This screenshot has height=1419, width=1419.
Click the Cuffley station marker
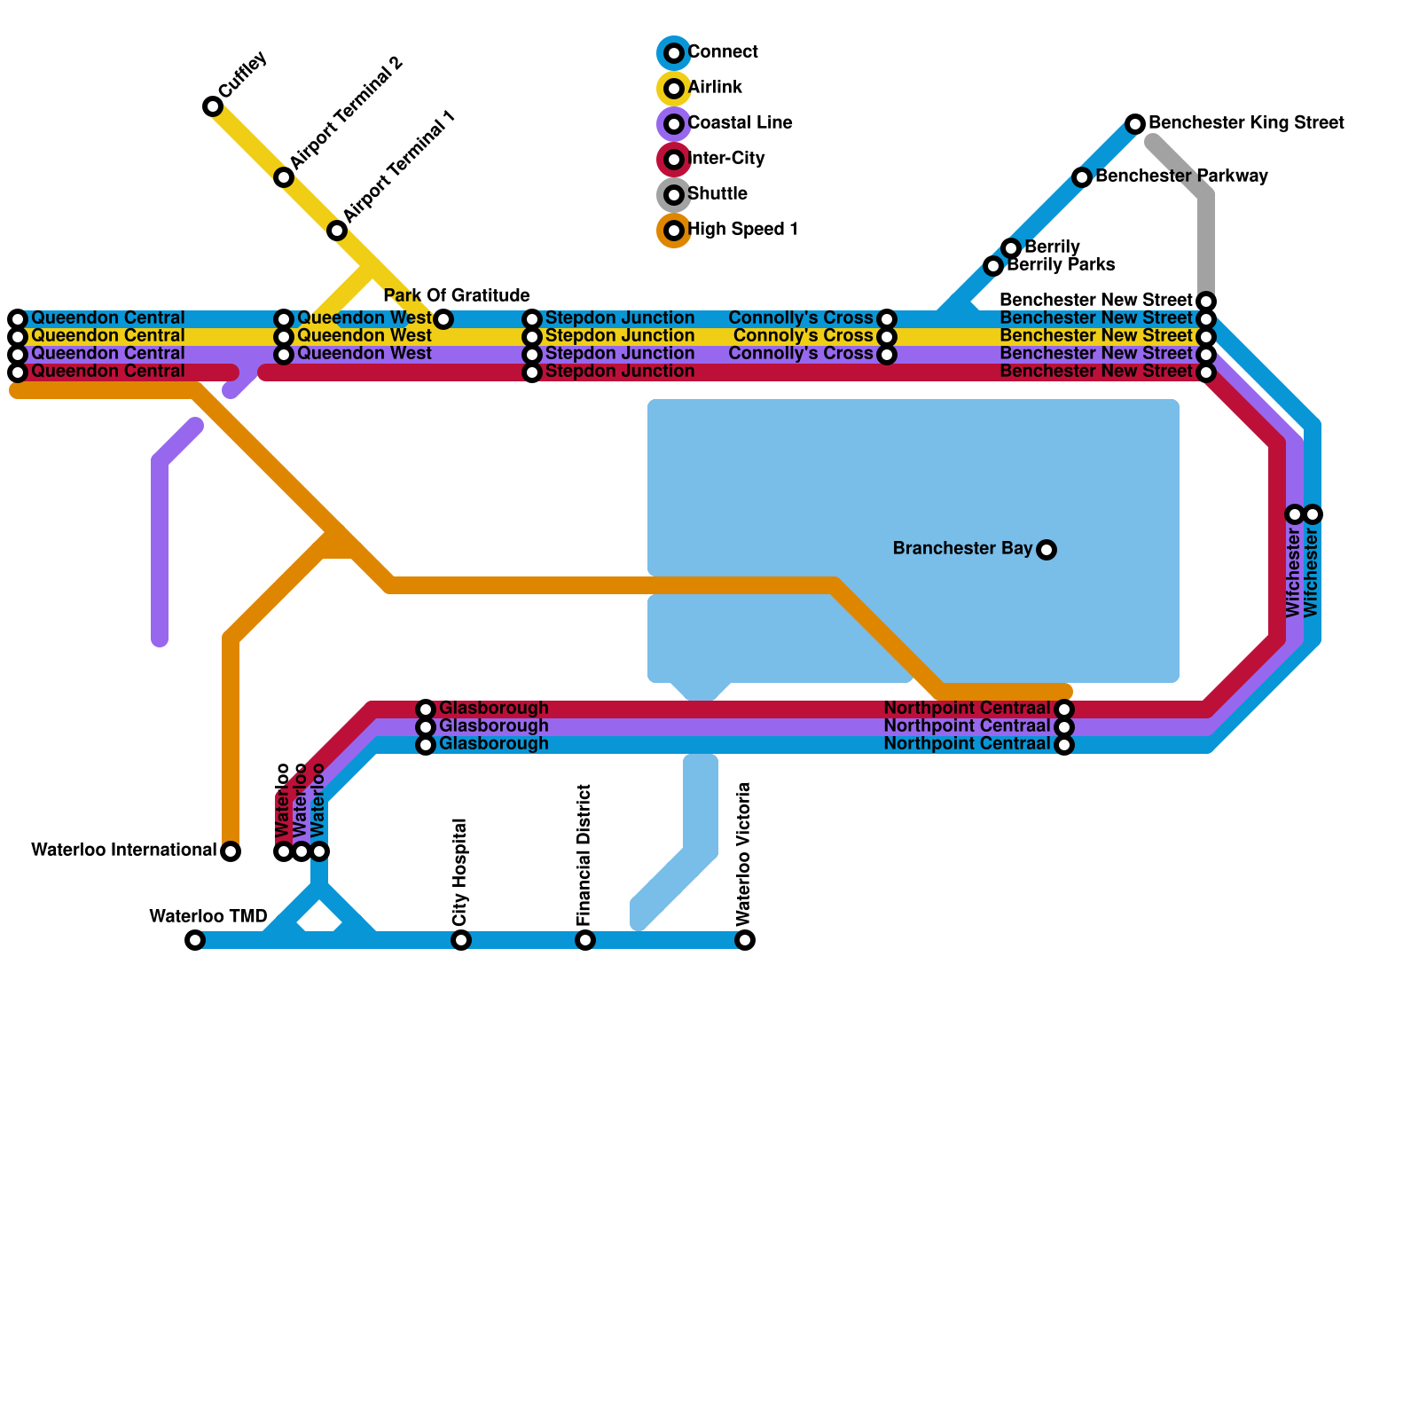[x=213, y=106]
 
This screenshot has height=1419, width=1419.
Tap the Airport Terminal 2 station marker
[x=284, y=177]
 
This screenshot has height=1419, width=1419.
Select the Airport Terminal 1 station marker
[x=337, y=231]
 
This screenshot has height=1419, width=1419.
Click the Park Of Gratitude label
[x=457, y=295]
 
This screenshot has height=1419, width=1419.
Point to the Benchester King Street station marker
[x=1135, y=124]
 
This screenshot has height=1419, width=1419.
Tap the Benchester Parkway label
[x=1181, y=176]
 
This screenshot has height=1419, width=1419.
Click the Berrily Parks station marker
[x=993, y=266]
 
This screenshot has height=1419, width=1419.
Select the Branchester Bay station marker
[x=1047, y=550]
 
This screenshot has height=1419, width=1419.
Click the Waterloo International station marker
[x=231, y=851]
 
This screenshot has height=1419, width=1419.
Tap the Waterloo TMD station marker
[x=195, y=940]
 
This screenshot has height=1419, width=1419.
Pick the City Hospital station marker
[x=461, y=940]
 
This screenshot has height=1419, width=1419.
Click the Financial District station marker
[x=585, y=940]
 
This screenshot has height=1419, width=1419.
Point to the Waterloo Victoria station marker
[x=745, y=940]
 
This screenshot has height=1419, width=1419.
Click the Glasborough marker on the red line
[x=426, y=709]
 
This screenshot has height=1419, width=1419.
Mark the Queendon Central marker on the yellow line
[x=18, y=337]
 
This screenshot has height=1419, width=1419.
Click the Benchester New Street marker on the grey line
[x=1206, y=302]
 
